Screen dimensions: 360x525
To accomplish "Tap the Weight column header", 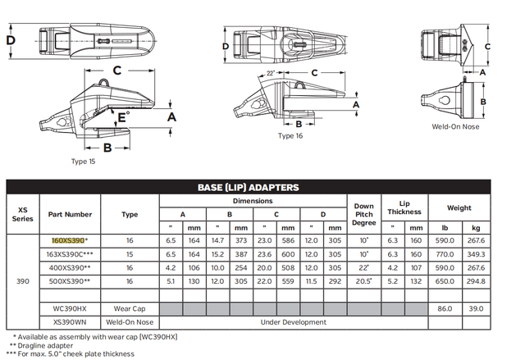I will [459, 207].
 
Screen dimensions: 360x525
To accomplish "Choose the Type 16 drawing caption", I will [290, 136].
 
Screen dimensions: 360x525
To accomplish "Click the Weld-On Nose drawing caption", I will [455, 126].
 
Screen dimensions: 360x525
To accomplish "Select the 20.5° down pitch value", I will [363, 280].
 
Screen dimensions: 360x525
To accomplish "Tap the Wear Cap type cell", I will [129, 308].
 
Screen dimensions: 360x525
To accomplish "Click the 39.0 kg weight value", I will [477, 308].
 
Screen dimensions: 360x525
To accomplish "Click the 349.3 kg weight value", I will [477, 254].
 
